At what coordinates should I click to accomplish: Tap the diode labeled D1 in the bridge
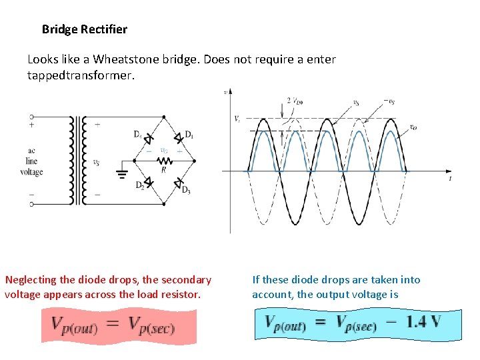179,138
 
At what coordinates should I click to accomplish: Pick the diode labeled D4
149,137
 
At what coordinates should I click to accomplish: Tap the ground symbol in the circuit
122,175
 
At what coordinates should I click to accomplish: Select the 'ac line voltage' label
31,161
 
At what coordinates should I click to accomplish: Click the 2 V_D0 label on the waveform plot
295,101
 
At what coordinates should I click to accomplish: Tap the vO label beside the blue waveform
413,127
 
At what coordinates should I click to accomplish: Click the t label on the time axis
451,179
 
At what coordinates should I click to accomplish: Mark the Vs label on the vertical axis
237,119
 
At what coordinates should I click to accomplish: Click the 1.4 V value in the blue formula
423,322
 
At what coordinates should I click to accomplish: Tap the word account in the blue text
272,295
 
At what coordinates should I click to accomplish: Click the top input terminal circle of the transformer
31,117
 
